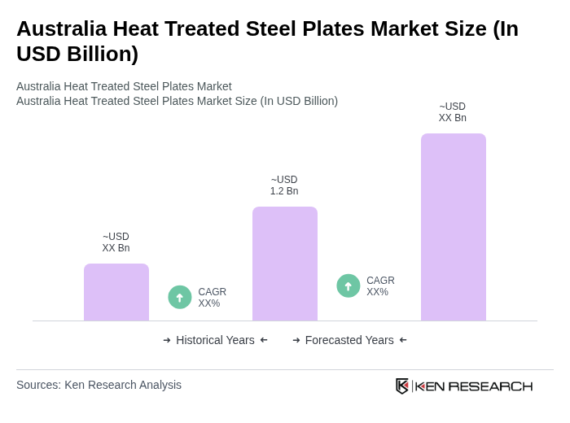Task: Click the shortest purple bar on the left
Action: click(116, 292)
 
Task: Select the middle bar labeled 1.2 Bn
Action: click(285, 264)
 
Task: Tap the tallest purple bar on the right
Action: click(454, 227)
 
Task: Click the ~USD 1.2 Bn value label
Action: click(284, 185)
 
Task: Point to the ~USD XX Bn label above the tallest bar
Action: click(453, 112)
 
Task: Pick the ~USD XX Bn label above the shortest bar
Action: click(116, 242)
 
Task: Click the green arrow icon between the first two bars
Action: click(180, 297)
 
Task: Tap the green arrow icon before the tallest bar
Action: click(349, 286)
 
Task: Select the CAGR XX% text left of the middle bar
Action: click(212, 298)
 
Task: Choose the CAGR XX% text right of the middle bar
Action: click(380, 286)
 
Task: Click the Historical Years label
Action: click(215, 340)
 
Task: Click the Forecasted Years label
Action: click(349, 340)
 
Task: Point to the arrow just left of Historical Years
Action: click(167, 340)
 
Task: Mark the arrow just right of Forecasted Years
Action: click(403, 340)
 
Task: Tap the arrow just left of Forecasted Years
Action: click(296, 340)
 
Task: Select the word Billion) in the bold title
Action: click(102, 54)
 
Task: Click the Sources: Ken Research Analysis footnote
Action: click(99, 385)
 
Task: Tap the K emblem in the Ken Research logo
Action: click(402, 386)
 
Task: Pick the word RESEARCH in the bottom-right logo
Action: click(490, 386)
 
